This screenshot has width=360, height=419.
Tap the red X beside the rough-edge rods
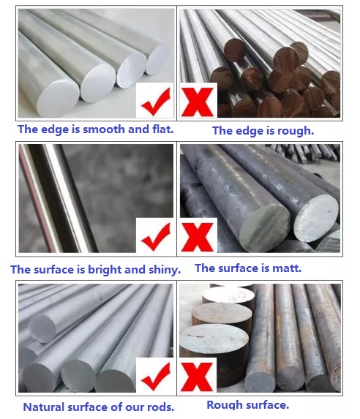(198, 102)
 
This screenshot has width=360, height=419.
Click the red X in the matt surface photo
(197, 238)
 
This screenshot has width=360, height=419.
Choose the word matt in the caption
(285, 268)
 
